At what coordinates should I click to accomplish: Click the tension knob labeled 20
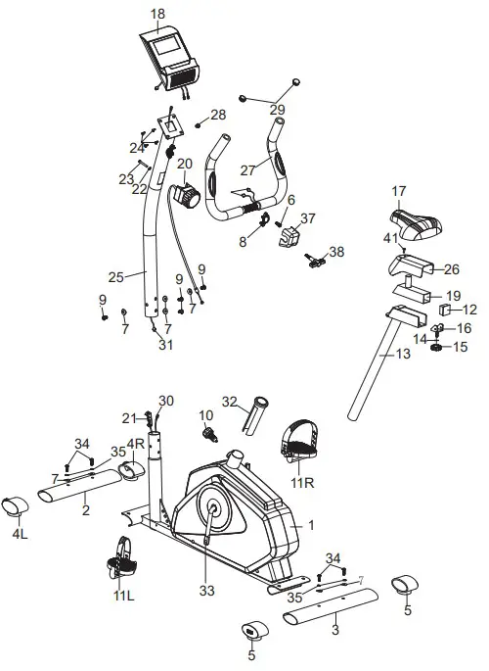186,197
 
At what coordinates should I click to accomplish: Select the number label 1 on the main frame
312,525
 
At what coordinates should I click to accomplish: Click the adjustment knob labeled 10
207,432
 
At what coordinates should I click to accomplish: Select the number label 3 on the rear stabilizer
335,631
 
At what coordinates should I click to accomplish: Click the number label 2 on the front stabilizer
85,511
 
